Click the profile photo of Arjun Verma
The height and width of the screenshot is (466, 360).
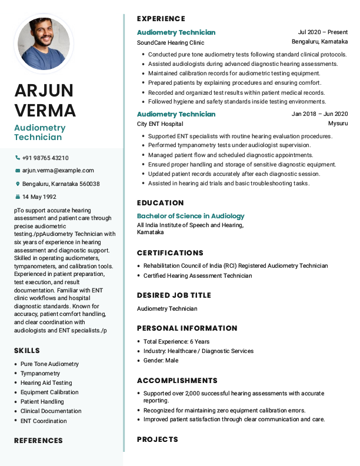44,44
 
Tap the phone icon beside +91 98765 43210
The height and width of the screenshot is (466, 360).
18,158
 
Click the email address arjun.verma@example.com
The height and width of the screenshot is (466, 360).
58,171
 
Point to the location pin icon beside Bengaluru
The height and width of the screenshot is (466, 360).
18,184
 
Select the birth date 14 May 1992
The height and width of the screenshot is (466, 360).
39,197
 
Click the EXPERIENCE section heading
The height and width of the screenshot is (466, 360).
161,19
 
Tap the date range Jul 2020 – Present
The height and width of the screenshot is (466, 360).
323,32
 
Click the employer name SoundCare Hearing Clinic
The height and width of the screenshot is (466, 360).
171,42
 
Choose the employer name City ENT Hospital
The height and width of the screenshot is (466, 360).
160,124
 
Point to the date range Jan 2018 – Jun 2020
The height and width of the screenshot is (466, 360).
319,114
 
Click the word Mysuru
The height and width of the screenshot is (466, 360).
338,124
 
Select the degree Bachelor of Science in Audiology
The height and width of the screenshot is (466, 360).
191,216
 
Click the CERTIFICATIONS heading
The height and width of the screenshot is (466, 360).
170,253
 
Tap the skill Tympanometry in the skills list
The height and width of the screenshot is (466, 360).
40,374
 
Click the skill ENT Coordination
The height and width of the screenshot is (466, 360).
44,421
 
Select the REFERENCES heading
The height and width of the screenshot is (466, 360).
38,441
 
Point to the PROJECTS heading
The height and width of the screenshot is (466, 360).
157,440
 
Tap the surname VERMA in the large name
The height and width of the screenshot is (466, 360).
45,110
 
